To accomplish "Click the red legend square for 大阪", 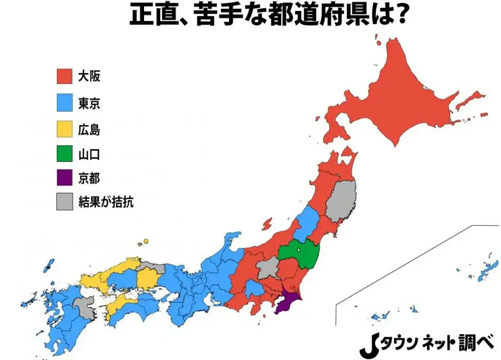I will tap(64, 77).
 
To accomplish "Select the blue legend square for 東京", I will tap(64, 103).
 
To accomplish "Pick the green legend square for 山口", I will tap(64, 154).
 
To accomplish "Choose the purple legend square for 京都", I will tap(64, 178).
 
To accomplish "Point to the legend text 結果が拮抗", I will tap(106, 202).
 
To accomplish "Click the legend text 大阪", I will tap(89, 77).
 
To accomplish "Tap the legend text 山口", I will tap(89, 154).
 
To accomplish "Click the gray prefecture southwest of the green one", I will tap(267, 268).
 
